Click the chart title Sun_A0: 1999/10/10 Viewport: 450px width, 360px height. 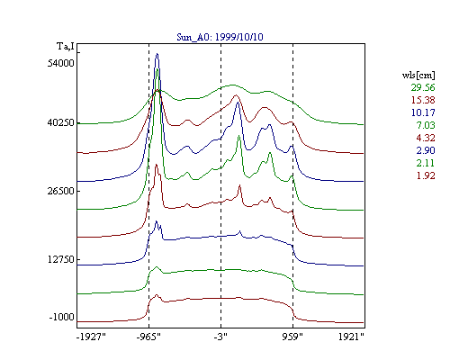click(x=220, y=37)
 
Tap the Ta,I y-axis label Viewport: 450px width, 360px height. click(x=66, y=47)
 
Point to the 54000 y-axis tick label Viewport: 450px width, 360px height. click(x=60, y=63)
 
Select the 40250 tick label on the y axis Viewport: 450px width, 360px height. click(x=60, y=122)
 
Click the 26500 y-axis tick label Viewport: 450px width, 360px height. click(x=60, y=191)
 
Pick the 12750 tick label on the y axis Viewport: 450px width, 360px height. click(x=60, y=259)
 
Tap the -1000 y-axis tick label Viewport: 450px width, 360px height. click(x=61, y=317)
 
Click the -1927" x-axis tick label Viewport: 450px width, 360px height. click(x=91, y=337)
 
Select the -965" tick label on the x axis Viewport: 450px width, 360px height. click(x=148, y=337)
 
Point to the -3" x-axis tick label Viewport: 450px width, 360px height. click(x=220, y=337)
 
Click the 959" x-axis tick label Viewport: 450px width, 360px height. click(x=292, y=337)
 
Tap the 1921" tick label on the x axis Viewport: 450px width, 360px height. click(x=351, y=337)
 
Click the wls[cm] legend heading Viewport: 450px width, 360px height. click(x=418, y=75)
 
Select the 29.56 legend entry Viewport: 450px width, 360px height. click(x=423, y=87)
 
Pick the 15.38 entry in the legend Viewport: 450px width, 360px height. click(x=423, y=100)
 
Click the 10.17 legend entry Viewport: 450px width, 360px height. click(x=423, y=112)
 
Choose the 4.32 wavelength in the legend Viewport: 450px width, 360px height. click(x=426, y=138)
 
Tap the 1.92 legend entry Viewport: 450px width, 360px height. click(x=426, y=175)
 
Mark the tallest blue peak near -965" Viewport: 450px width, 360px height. click(x=157, y=54)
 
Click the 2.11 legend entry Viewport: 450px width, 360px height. click(x=426, y=163)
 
